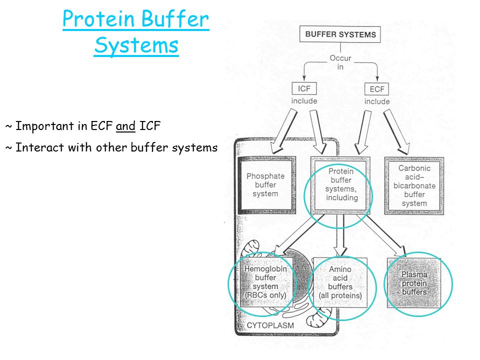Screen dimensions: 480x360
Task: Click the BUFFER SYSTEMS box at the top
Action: (340, 34)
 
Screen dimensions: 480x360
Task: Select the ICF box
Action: (304, 89)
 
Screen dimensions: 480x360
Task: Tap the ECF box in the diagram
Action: (377, 89)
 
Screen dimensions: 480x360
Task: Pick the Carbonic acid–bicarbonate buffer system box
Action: (414, 186)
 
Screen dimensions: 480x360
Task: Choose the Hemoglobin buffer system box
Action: (265, 282)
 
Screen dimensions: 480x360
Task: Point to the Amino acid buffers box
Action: (340, 282)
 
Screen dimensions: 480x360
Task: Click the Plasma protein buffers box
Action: (414, 283)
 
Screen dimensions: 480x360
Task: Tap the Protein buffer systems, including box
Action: (340, 185)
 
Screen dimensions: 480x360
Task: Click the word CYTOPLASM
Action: (270, 325)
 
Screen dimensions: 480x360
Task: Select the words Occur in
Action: (340, 62)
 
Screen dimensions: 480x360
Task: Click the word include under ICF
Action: (304, 101)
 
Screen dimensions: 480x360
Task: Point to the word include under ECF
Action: (377, 101)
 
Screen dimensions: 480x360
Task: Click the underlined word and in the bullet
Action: (125, 126)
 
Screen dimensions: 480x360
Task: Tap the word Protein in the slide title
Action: (99, 19)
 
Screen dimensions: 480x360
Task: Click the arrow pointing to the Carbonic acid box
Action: (396, 132)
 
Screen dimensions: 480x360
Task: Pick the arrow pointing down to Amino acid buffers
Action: (340, 235)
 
